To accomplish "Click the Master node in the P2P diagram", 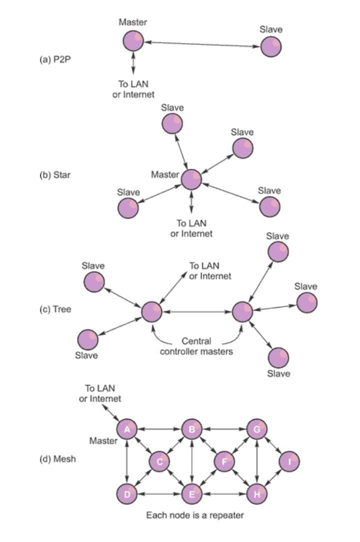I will (133, 41).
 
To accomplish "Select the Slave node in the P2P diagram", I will (271, 47).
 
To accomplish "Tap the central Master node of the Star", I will (191, 179).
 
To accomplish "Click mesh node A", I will (127, 429).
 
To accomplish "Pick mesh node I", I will (289, 462).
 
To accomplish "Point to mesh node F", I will (224, 462).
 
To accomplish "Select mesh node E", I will (192, 494).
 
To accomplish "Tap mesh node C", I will (159, 462).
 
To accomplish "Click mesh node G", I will (256, 429).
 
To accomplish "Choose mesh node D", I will (127, 494).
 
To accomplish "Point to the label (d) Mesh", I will (58, 459).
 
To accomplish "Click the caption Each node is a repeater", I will (195, 515).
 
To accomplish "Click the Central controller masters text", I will (196, 347).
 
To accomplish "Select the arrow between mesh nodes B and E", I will (192, 462).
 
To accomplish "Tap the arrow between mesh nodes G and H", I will (256, 462).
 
